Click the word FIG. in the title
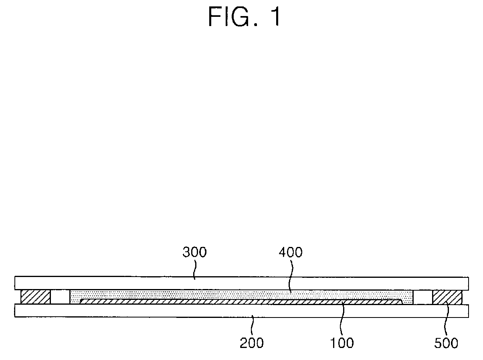click(232, 18)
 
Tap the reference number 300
click(194, 253)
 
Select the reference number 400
click(291, 253)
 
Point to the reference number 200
click(252, 343)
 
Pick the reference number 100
click(342, 343)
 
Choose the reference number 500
click(446, 343)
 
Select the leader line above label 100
click(341, 321)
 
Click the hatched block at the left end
click(36, 297)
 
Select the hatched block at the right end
click(447, 297)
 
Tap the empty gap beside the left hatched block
click(60, 297)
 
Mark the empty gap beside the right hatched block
click(422, 297)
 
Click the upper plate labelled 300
click(120, 283)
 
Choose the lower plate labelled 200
click(120, 311)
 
